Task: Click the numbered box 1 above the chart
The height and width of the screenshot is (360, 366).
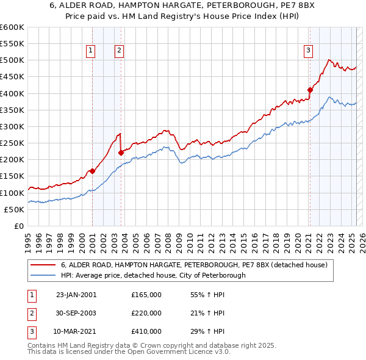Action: pos(90,51)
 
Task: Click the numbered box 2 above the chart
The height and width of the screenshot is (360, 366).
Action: pos(119,51)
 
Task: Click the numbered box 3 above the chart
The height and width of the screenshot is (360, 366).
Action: pos(309,51)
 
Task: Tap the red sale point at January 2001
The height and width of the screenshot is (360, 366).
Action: pos(92,171)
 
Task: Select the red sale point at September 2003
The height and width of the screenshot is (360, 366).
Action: pos(121,153)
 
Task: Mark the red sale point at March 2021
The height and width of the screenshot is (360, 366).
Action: pos(310,90)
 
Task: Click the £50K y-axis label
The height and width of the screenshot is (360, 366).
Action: pos(14,209)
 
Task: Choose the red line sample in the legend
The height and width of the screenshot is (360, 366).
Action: pos(44,265)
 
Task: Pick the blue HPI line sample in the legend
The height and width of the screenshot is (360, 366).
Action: pos(44,275)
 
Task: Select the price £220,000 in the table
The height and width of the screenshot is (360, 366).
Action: pos(146,313)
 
